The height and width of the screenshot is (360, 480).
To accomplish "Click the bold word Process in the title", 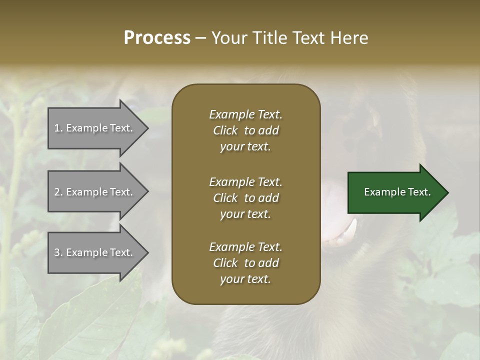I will [157, 38].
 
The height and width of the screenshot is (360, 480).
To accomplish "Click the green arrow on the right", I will [395, 192].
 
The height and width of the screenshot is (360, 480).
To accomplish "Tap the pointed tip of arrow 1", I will [147, 128].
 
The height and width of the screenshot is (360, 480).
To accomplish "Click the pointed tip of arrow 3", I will [147, 253].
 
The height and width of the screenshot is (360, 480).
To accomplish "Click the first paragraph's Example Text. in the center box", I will [245, 114].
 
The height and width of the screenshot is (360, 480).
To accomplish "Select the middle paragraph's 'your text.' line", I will [245, 214].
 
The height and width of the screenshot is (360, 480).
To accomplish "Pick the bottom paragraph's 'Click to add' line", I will [245, 263].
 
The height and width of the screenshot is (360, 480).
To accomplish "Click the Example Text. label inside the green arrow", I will [397, 192].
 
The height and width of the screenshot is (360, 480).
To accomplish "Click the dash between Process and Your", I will [200, 38].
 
